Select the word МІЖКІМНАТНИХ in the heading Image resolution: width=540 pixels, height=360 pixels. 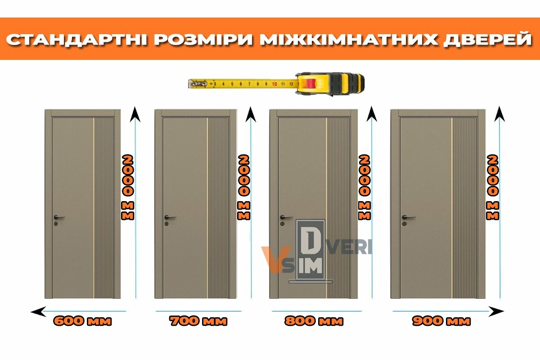[x=348, y=39]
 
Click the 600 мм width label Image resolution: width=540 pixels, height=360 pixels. [x=82, y=321]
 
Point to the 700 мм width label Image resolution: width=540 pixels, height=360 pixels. [x=198, y=321]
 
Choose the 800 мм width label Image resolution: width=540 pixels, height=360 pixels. [x=314, y=321]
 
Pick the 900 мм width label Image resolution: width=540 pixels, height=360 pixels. [x=441, y=321]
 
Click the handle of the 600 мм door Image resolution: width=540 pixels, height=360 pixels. [x=58, y=217]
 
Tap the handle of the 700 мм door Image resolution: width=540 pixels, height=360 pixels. [x=170, y=217]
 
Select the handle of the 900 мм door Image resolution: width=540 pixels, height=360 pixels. [x=408, y=217]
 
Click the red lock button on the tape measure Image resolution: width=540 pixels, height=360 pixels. [x=310, y=84]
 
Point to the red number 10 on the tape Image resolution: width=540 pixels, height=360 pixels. [x=274, y=84]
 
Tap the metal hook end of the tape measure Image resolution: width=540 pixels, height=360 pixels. [x=198, y=84]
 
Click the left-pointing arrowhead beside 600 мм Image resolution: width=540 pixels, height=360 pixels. [x=38, y=311]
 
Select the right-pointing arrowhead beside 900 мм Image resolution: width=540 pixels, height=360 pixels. [x=496, y=311]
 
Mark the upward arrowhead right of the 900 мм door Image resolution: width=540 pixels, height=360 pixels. [x=499, y=114]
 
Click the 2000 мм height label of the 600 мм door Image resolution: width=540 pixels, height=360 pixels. [x=127, y=187]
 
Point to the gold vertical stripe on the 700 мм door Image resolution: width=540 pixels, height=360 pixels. [x=207, y=208]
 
